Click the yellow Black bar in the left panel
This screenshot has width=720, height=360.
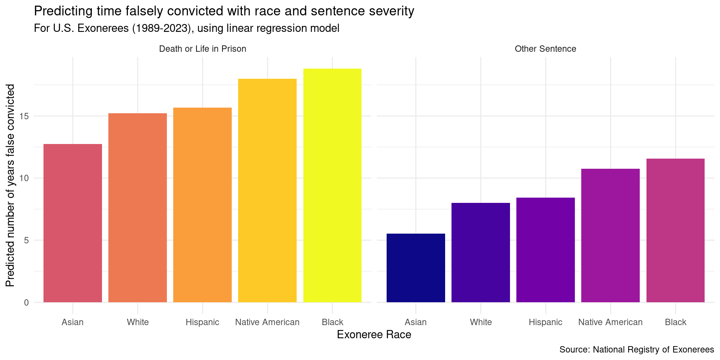332,186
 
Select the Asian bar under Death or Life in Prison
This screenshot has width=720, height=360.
72,223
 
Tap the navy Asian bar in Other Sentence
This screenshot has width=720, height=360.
415,268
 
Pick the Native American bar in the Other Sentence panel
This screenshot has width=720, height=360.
610,235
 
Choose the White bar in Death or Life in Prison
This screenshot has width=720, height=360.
138,208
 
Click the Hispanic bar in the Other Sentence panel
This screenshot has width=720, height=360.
545,250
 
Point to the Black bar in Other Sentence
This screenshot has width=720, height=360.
675,230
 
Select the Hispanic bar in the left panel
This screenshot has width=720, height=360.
202,205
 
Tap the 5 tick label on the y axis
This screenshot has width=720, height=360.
26,240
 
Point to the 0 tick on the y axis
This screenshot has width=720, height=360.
26,302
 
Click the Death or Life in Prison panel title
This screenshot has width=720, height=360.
202,49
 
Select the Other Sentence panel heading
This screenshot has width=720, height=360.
545,49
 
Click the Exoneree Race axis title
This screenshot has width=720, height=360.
374,334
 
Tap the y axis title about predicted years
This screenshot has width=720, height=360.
10,185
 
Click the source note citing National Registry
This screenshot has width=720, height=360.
636,349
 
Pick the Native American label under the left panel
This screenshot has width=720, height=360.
267,322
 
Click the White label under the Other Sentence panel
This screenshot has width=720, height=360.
480,322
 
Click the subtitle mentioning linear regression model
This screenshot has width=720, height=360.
186,28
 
